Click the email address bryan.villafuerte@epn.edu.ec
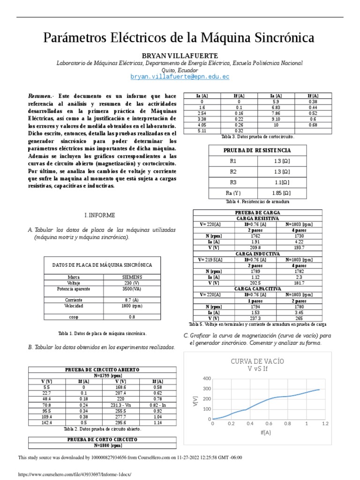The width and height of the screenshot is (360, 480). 180,76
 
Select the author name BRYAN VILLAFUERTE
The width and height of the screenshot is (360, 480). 180,56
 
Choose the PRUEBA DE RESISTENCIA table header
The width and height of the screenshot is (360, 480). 257,150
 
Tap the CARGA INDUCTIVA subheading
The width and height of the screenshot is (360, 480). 258,254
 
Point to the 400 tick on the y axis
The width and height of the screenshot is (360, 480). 207,378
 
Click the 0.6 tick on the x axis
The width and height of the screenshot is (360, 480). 269,423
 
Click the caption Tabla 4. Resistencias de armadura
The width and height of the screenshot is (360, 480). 257,202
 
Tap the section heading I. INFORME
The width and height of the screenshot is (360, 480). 99,215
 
